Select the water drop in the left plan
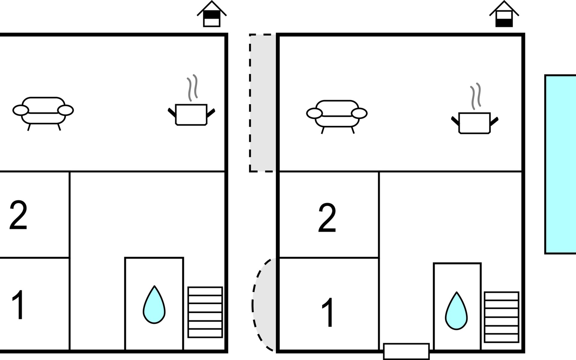pyautogui.click(x=154, y=306)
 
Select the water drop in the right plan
pyautogui.click(x=456, y=312)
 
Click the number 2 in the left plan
pyautogui.click(x=18, y=215)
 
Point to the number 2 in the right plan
pyautogui.click(x=327, y=218)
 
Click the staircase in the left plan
pyautogui.click(x=205, y=312)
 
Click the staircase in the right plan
pyautogui.click(x=501, y=317)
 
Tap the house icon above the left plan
pyautogui.click(x=211, y=15)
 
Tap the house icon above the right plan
pyautogui.click(x=504, y=15)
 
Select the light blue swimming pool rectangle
pyautogui.click(x=560, y=164)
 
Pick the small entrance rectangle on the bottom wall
pyautogui.click(x=406, y=351)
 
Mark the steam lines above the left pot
pyautogui.click(x=193, y=88)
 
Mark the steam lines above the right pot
pyautogui.click(x=475, y=96)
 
